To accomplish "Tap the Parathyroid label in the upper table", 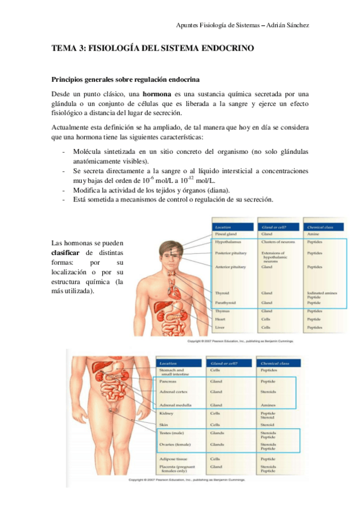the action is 227,303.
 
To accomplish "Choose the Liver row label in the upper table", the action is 220,327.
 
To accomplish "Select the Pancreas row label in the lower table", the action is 168,381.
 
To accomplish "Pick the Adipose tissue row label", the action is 172,459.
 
